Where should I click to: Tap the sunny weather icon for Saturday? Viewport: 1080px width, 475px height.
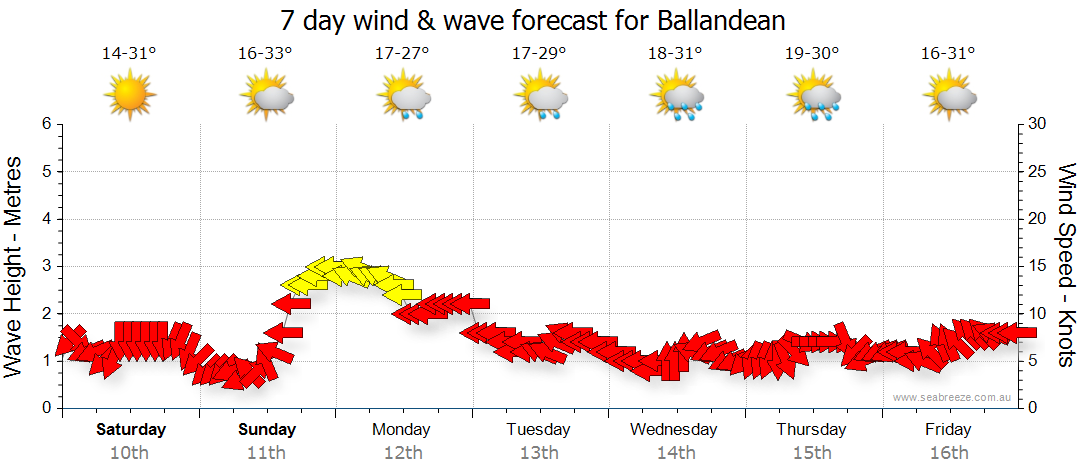130,95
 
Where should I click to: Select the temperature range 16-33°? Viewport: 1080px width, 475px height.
266,53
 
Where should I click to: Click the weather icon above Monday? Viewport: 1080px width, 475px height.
403,96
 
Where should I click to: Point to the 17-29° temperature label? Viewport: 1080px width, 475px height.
539,53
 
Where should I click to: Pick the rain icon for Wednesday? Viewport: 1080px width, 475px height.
677,96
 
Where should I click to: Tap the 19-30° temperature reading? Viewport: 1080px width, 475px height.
812,53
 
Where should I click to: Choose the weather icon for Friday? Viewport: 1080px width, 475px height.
949,96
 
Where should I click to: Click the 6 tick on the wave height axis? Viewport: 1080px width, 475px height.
46,124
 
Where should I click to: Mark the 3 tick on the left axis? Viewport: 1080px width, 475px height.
46,266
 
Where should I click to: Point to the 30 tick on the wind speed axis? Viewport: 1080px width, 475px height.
1039,124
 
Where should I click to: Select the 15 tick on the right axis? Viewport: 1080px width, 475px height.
1039,266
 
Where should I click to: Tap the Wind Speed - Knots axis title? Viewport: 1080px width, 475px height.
1066,265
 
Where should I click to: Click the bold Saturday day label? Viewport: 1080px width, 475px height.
131,430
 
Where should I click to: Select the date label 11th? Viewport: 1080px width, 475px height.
267,452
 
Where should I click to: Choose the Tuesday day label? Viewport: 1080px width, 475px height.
538,430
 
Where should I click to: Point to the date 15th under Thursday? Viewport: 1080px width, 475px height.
812,452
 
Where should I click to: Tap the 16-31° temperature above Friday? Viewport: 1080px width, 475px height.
949,53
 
